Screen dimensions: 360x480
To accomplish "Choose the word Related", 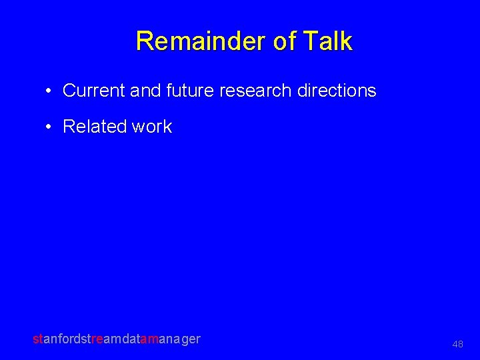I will point(93,127).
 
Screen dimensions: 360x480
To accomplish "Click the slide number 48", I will point(457,344).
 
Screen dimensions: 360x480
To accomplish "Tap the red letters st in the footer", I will point(37,339).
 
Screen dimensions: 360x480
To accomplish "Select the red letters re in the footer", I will point(99,339).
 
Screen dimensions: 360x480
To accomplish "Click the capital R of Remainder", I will point(144,41).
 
